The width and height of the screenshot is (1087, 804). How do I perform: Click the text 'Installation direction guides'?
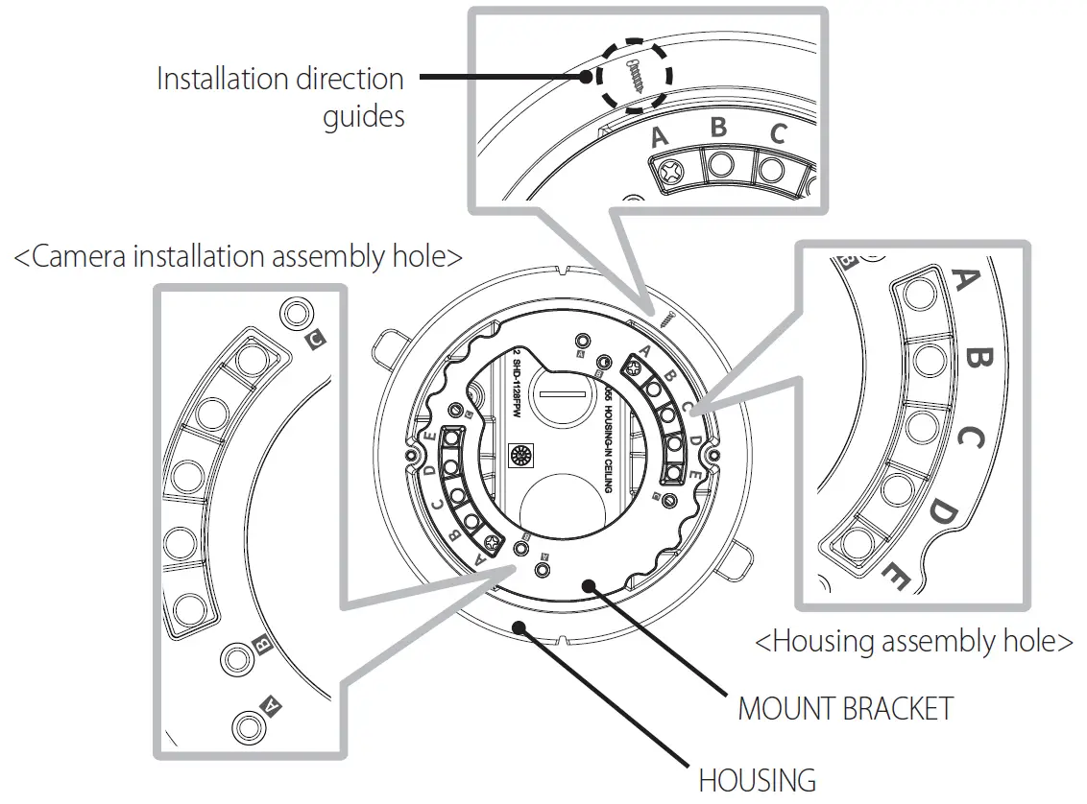tap(279, 97)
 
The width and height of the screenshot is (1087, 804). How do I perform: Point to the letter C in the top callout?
tap(777, 134)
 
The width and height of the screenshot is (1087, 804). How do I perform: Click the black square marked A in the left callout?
tap(272, 707)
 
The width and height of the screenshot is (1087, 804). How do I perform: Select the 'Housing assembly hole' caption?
tap(914, 641)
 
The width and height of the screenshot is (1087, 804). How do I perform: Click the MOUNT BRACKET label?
tap(845, 708)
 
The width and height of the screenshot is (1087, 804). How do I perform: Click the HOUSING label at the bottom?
tap(757, 779)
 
